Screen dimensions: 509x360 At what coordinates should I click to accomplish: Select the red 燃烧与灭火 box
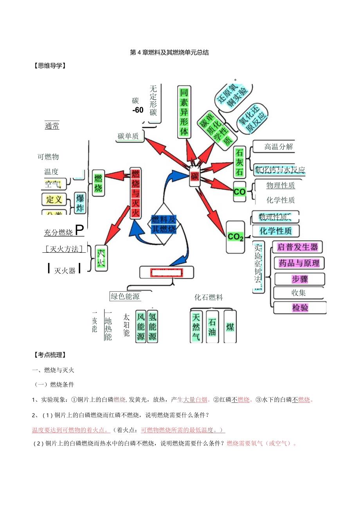pyautogui.click(x=135, y=193)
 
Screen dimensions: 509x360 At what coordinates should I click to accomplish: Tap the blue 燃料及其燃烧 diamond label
pyautogui.click(x=164, y=224)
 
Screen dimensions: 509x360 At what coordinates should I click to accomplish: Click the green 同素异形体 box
pyautogui.click(x=184, y=112)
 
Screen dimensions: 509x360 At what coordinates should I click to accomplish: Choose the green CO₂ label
pyautogui.click(x=236, y=237)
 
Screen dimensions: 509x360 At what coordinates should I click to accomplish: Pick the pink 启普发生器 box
pyautogui.click(x=297, y=247)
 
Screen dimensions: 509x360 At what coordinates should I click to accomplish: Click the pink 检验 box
pyautogui.click(x=300, y=308)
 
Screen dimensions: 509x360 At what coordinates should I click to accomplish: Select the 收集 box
pyautogui.click(x=299, y=292)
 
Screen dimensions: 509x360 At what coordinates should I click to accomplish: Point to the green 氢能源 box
pyautogui.click(x=153, y=326)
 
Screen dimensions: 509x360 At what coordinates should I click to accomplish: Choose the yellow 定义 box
pyautogui.click(x=54, y=199)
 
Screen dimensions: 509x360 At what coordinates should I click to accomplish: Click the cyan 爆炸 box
pyautogui.click(x=80, y=203)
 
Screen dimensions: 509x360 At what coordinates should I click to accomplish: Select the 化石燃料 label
pyautogui.click(x=209, y=297)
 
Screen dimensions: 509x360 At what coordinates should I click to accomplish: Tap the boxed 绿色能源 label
pyautogui.click(x=125, y=296)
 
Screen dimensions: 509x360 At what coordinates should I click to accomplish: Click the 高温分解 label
pyautogui.click(x=279, y=147)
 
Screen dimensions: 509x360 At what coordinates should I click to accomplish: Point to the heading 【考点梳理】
pyautogui.click(x=50, y=355)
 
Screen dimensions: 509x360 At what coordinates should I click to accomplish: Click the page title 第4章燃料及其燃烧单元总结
pyautogui.click(x=169, y=52)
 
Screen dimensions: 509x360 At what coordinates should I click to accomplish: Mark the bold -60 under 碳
pyautogui.click(x=138, y=110)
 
